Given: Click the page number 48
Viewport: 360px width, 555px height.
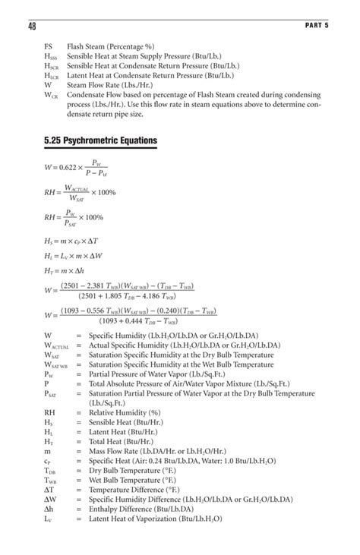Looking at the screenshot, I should (x=33, y=27).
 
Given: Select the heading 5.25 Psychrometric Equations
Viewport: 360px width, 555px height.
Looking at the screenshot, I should (x=100, y=141).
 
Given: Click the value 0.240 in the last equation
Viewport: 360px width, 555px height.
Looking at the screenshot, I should (x=194, y=311).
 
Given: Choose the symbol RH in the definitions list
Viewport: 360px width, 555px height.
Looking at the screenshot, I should (x=49, y=412).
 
